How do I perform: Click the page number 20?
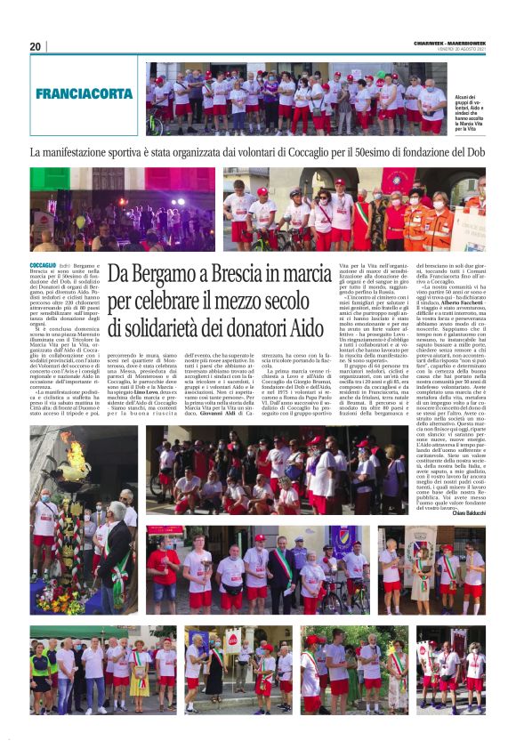pyautogui.click(x=35, y=46)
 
